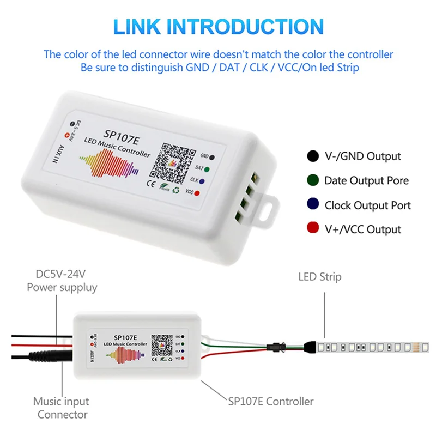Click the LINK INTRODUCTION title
(x=218, y=27)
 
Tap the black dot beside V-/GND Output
(x=313, y=156)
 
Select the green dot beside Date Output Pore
(x=313, y=180)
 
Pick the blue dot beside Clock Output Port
(x=313, y=205)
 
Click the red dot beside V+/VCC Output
(x=313, y=229)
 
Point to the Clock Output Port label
(x=367, y=205)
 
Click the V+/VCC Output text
(x=362, y=229)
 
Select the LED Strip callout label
(x=319, y=277)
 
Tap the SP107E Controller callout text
(x=270, y=402)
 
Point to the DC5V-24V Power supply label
(x=62, y=281)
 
